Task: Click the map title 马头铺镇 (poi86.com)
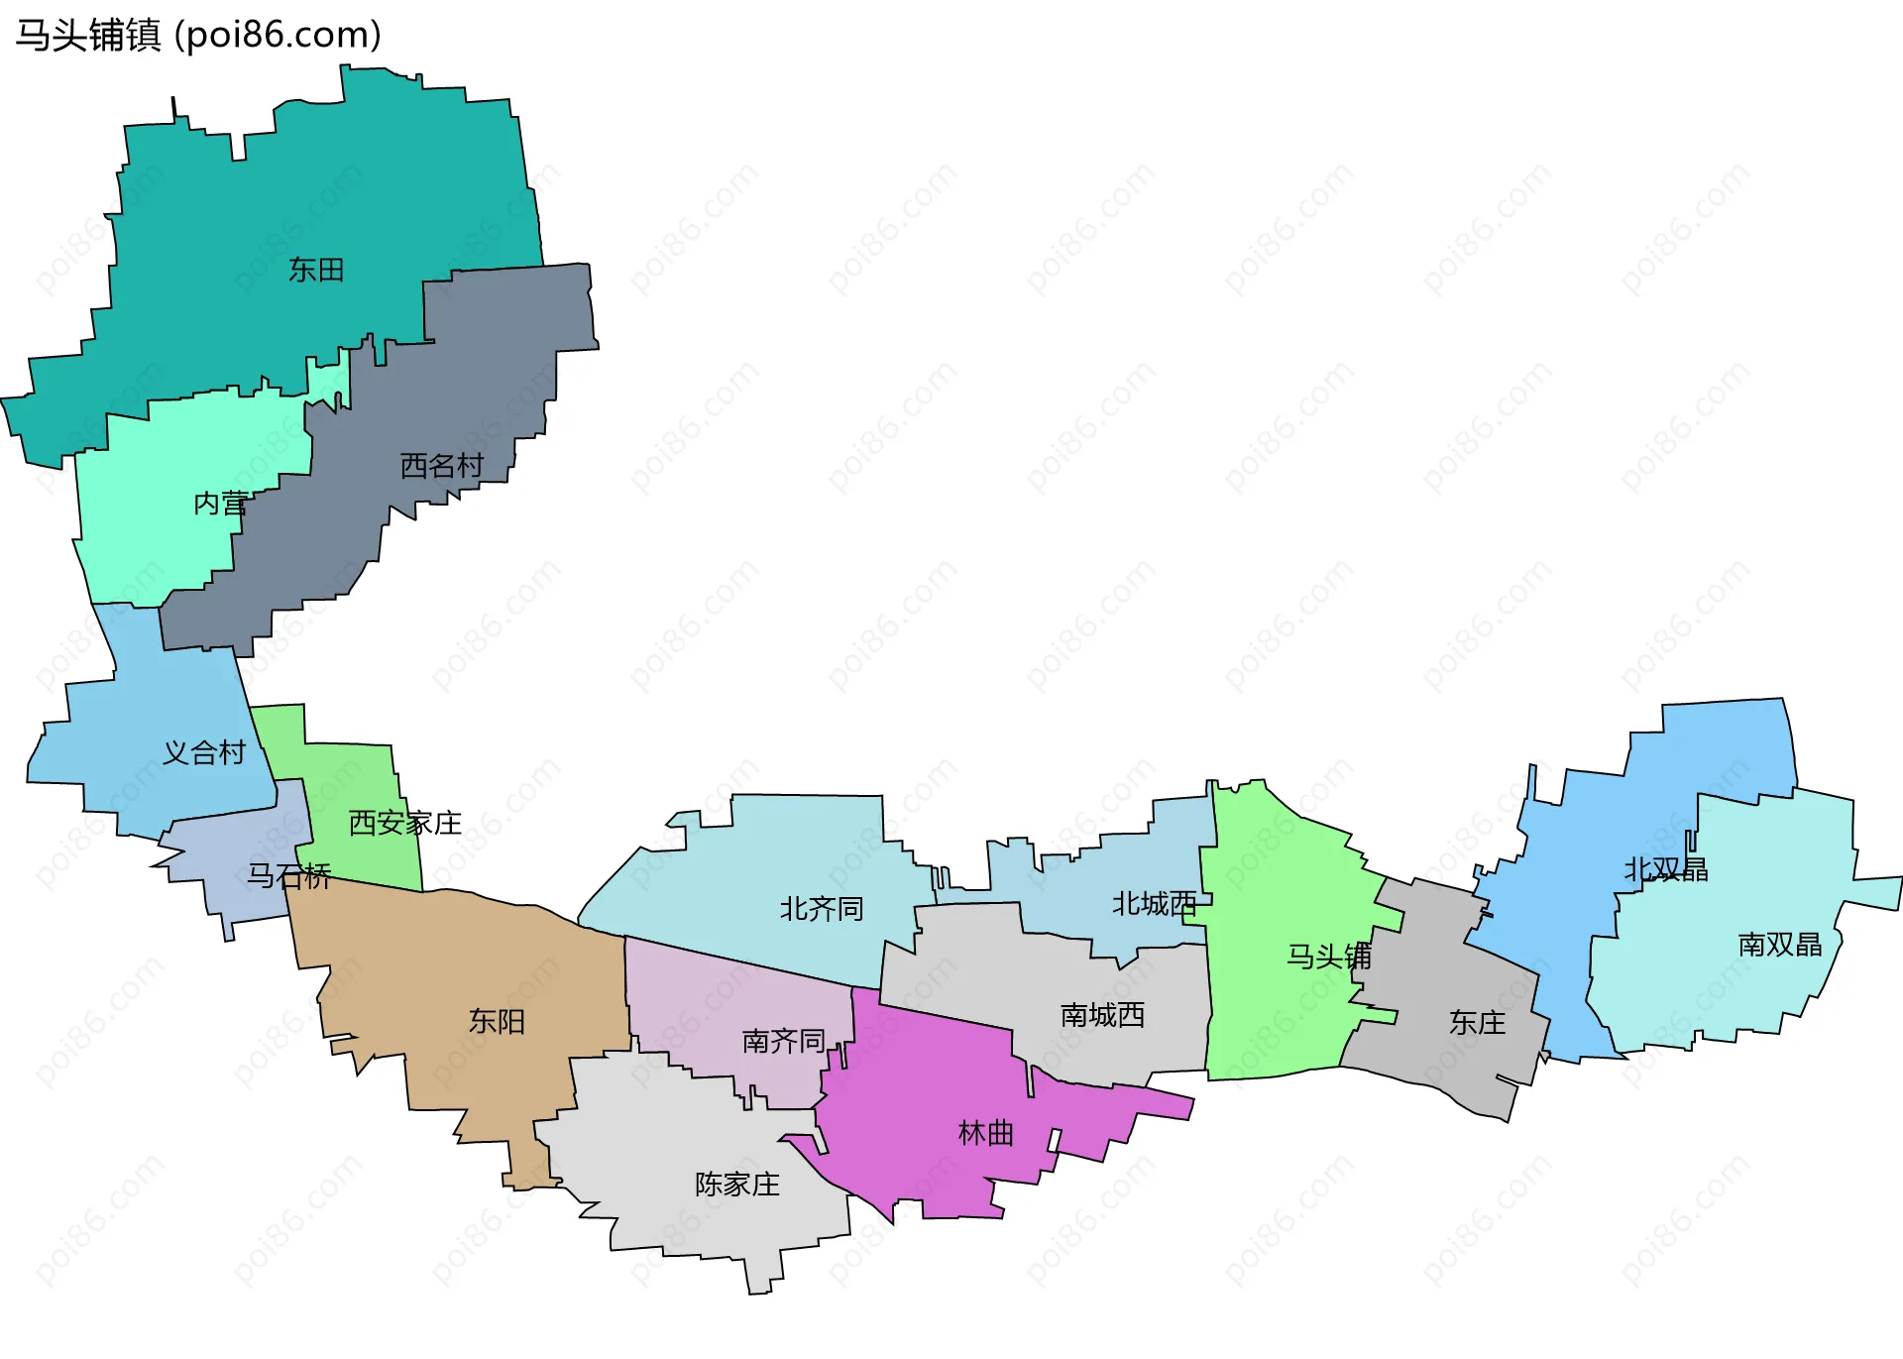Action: coord(198,36)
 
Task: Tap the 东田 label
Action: coord(316,270)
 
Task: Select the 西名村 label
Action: coord(441,465)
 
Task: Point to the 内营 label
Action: coord(221,504)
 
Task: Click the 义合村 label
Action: coord(204,752)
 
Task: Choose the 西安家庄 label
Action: coord(405,823)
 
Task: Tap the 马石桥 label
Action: coord(288,875)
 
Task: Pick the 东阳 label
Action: coord(497,1021)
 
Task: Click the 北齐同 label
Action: coord(822,908)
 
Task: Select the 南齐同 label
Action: coord(784,1041)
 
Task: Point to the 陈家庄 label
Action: coord(737,1184)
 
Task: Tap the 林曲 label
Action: coord(986,1132)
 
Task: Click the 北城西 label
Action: coord(1155,903)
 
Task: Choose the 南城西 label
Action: coord(1103,1015)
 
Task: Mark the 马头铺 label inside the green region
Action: coord(1329,956)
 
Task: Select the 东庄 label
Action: coord(1478,1022)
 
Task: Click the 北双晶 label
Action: coord(1666,869)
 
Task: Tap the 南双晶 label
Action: coord(1780,944)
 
